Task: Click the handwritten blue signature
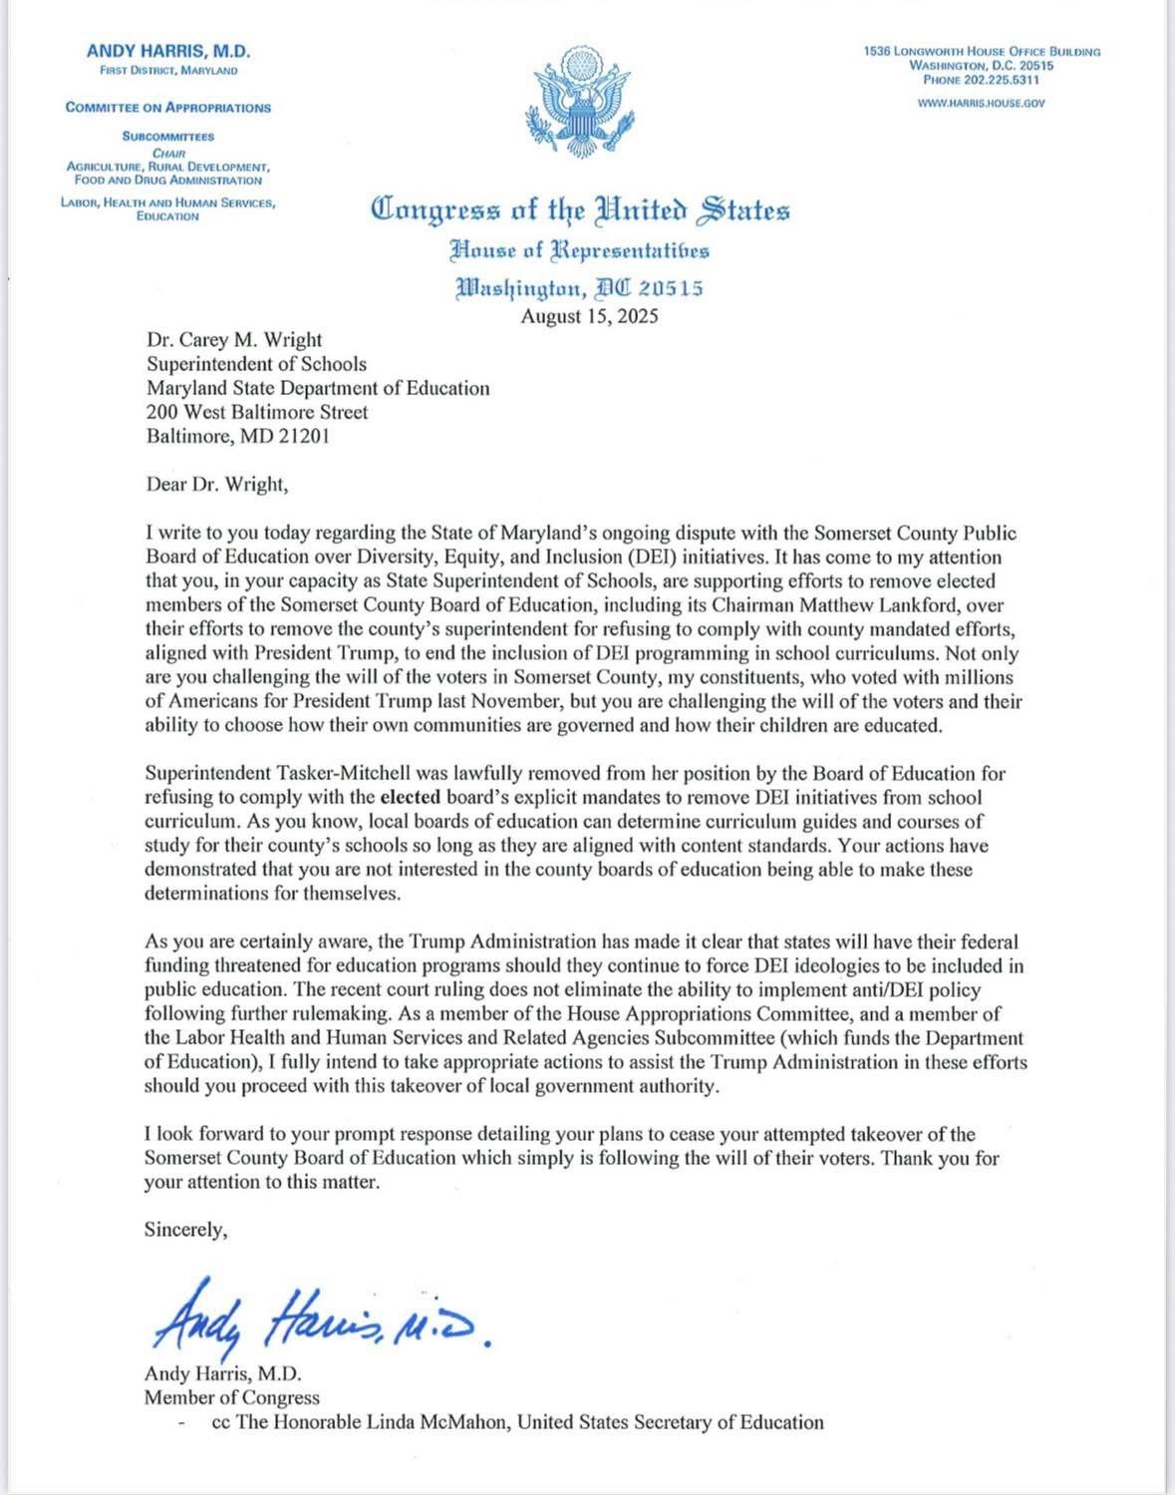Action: tap(319, 1317)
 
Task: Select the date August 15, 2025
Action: tap(589, 317)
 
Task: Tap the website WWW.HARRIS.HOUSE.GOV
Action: tap(982, 103)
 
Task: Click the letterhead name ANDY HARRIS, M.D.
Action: tap(168, 51)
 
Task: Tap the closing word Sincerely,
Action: tap(186, 1230)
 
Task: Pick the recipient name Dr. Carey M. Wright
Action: tap(234, 340)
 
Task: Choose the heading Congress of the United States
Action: tap(580, 211)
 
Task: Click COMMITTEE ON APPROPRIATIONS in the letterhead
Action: tap(168, 108)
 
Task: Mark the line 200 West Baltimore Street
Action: tap(257, 412)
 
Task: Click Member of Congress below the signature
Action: tap(232, 1397)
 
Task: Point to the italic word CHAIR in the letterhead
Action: tap(167, 153)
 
